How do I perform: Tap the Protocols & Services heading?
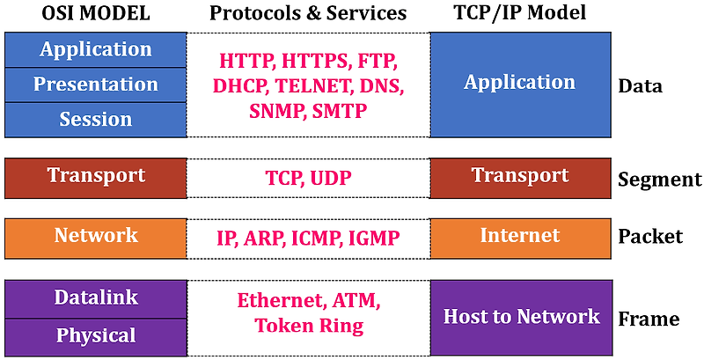[308, 13]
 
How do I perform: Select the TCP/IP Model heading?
[520, 13]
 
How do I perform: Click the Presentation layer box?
[96, 84]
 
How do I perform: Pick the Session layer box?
[96, 119]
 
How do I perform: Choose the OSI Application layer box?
[96, 49]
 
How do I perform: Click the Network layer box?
[96, 236]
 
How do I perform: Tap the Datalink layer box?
[96, 298]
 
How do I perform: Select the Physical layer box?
[96, 335]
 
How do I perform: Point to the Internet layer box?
[520, 236]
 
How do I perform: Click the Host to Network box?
[521, 317]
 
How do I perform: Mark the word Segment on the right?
[660, 180]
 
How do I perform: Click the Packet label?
[650, 236]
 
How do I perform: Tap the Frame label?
[649, 318]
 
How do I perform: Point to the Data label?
[641, 86]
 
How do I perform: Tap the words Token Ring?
[309, 325]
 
